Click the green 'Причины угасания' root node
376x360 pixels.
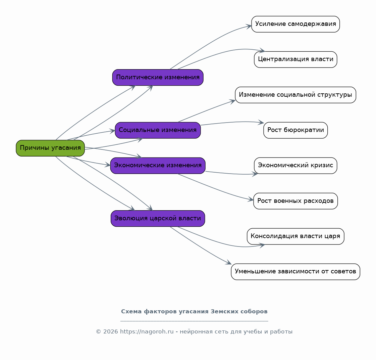50,148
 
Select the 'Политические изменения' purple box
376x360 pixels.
158,77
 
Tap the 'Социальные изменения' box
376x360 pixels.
158,130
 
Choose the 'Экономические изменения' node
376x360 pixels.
158,166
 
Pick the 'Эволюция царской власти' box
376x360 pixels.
158,218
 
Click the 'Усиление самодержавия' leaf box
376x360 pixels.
296,24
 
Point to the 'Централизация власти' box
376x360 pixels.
296,59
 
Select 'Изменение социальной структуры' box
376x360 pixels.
296,95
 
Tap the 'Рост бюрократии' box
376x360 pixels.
296,130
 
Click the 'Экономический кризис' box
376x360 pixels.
296,166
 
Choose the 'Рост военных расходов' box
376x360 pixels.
296,201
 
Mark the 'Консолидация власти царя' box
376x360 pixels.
296,236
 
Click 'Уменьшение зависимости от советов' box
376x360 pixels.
296,272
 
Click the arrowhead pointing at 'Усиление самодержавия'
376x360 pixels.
249,26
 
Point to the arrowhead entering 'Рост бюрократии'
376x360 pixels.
261,123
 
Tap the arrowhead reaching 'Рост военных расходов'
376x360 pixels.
251,199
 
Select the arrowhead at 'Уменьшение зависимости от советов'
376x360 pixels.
228,263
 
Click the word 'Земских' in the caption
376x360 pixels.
220,312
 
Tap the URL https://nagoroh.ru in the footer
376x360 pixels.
147,332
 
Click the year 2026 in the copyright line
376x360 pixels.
111,332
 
